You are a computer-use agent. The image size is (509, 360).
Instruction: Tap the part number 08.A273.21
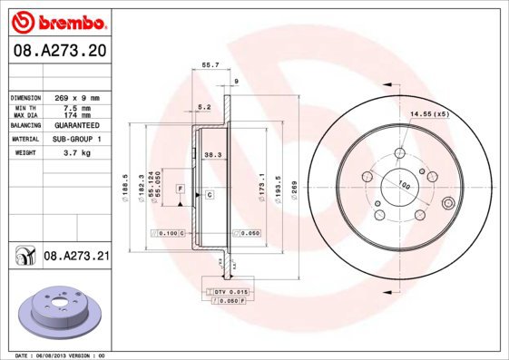(x=76, y=257)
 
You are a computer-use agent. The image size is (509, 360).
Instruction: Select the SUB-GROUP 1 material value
(x=77, y=140)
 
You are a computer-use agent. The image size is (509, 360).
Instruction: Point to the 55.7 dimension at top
(x=210, y=65)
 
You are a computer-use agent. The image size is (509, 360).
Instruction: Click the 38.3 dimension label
(x=212, y=155)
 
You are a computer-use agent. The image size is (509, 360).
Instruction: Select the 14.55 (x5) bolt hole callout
(x=430, y=114)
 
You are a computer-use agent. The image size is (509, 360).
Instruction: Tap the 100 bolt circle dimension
(x=404, y=186)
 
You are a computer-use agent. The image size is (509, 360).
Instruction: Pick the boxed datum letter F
(x=181, y=187)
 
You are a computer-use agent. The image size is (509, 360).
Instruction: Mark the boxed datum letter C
(x=209, y=195)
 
